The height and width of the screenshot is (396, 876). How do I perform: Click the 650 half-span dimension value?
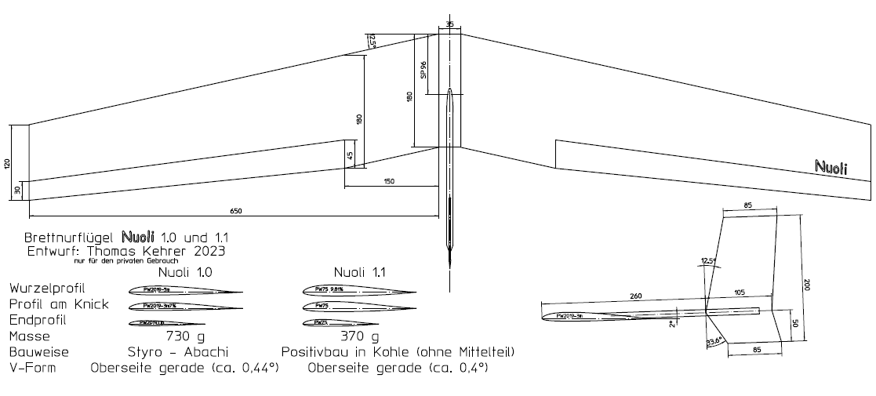(x=236, y=210)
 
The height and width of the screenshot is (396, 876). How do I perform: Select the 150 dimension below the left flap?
(x=390, y=181)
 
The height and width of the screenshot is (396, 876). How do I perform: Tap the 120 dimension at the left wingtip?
(x=7, y=163)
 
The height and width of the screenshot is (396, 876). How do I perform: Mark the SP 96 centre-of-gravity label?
(x=423, y=70)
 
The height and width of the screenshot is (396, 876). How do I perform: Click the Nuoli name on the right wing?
(x=831, y=167)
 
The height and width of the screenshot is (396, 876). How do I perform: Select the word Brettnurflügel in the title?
(x=71, y=236)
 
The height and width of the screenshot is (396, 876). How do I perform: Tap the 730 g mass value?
(x=185, y=336)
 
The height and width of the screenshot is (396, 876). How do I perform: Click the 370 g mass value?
(x=360, y=336)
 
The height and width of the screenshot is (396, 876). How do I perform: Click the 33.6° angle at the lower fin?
(x=713, y=342)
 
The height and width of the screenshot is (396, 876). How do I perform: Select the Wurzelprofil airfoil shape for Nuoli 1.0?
(x=185, y=290)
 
